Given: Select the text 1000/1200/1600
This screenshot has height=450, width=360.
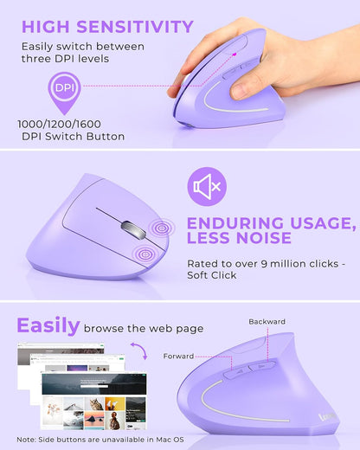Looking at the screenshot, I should (58, 124).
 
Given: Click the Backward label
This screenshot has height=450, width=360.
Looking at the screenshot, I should (267, 322).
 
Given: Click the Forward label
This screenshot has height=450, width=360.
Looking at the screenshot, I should (180, 356).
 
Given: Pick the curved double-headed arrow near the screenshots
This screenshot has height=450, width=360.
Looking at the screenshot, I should (139, 351).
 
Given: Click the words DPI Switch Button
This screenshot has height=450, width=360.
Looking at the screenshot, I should (71, 137).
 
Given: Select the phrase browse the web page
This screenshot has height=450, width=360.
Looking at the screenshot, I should (144, 328).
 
